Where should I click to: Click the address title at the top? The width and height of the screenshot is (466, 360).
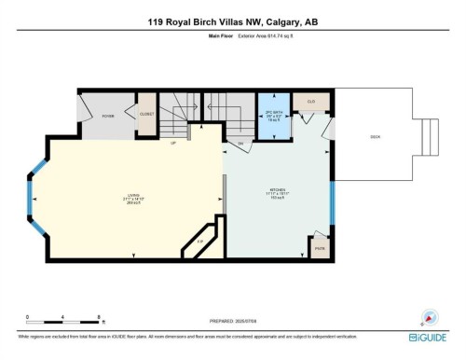pyautogui.click(x=232, y=21)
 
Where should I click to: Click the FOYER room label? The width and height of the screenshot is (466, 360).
pyautogui.click(x=108, y=116)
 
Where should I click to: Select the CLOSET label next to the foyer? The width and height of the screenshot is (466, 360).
pyautogui.click(x=146, y=116)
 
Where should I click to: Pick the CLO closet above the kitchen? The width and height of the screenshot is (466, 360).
pyautogui.click(x=310, y=102)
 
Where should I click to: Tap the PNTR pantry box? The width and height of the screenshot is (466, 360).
pyautogui.click(x=318, y=249)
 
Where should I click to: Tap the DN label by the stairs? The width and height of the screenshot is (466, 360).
pyautogui.click(x=240, y=144)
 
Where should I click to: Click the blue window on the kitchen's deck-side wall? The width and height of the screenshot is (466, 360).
pyautogui.click(x=333, y=202)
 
